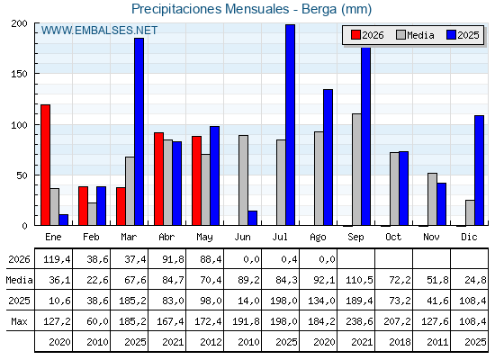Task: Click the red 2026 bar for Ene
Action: click(x=45, y=165)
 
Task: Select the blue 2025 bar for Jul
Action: click(x=290, y=125)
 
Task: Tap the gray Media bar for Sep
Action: click(x=356, y=169)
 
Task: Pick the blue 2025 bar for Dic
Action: click(x=479, y=170)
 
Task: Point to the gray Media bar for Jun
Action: click(x=243, y=180)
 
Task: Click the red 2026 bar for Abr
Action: click(x=158, y=179)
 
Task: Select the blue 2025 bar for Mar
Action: click(x=139, y=131)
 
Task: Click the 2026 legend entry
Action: click(x=367, y=35)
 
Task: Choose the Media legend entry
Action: click(x=415, y=35)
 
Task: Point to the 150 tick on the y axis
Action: click(x=19, y=74)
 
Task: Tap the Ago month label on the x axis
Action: click(x=318, y=238)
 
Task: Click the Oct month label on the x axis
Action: click(x=393, y=237)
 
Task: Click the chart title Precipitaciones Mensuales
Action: click(x=211, y=9)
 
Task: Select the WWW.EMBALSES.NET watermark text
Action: click(x=99, y=31)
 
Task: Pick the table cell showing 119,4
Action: click(x=57, y=259)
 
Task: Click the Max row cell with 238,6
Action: click(x=359, y=321)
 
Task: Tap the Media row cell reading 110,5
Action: click(x=359, y=280)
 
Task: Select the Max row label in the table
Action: click(x=19, y=321)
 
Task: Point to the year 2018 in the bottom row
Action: click(x=400, y=342)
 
